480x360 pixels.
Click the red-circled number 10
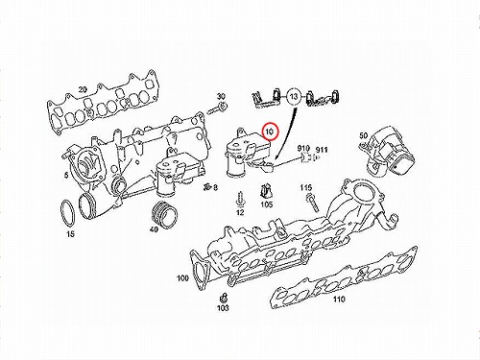pyautogui.click(x=271, y=132)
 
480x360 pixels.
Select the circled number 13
pyautogui.click(x=294, y=96)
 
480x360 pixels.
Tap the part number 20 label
pyautogui.click(x=83, y=89)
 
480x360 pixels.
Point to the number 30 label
pyautogui.click(x=221, y=96)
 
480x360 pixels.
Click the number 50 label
pyautogui.click(x=364, y=135)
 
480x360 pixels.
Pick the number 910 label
pyautogui.click(x=303, y=148)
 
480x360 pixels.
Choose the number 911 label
pyautogui.click(x=322, y=150)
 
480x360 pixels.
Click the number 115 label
pyautogui.click(x=306, y=187)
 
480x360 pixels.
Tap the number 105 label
pyautogui.click(x=267, y=204)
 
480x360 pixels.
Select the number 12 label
pyautogui.click(x=240, y=212)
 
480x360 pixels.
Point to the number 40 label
pyautogui.click(x=154, y=229)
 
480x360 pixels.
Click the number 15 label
pyautogui.click(x=71, y=234)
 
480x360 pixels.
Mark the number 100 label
pyautogui.click(x=182, y=278)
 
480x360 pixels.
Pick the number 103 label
pyautogui.click(x=223, y=307)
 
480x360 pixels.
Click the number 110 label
pyautogui.click(x=339, y=299)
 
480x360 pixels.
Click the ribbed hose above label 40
pyautogui.click(x=163, y=214)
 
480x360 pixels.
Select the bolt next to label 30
pyautogui.click(x=217, y=108)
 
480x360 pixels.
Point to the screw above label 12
pyautogui.click(x=240, y=199)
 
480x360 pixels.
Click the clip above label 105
pyautogui.click(x=265, y=192)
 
